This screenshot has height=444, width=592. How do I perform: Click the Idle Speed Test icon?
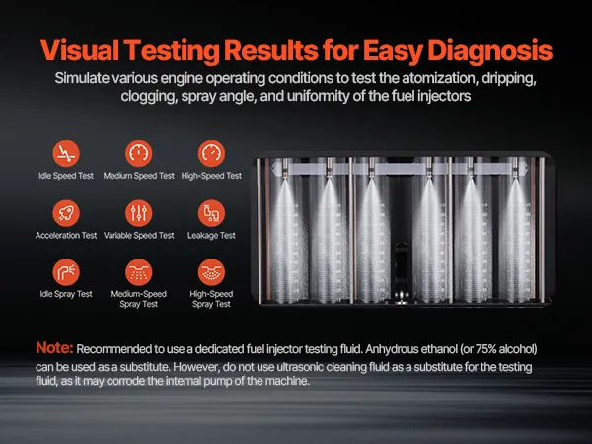(x=66, y=153)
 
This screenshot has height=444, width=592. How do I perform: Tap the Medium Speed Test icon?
(x=138, y=153)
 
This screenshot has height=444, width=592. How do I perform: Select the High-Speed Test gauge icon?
(x=211, y=153)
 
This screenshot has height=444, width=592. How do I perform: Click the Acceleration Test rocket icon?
(x=66, y=213)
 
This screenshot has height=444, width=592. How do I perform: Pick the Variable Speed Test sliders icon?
(x=138, y=213)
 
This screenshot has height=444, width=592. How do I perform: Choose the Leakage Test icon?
(x=211, y=213)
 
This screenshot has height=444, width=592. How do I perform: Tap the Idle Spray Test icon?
(x=66, y=272)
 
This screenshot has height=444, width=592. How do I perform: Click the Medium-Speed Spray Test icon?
(x=138, y=272)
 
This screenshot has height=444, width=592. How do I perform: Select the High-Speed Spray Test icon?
(x=211, y=272)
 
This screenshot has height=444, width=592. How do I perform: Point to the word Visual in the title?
(x=80, y=50)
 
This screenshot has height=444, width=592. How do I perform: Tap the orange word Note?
(x=54, y=347)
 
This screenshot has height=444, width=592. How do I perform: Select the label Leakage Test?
(x=211, y=235)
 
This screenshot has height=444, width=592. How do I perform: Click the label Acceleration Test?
(x=66, y=235)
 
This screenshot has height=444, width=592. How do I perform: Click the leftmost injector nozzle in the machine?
(x=285, y=167)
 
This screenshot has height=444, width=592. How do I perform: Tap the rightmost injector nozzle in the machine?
(x=515, y=167)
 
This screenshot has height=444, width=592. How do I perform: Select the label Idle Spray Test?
(x=66, y=294)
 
